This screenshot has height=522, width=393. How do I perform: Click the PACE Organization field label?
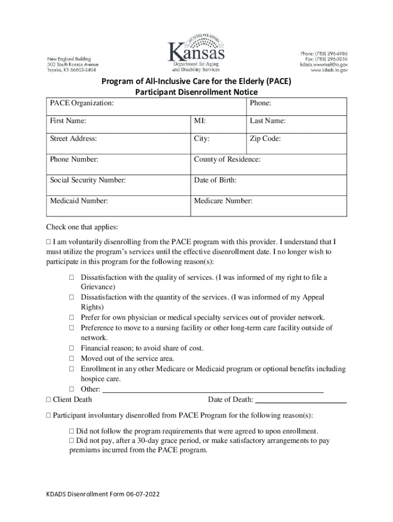(x=82, y=103)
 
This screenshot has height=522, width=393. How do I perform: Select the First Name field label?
(x=68, y=121)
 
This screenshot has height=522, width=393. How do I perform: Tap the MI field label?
(x=200, y=121)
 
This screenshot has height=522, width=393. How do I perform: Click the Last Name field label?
(x=267, y=121)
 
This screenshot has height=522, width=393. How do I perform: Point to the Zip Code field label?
(x=265, y=139)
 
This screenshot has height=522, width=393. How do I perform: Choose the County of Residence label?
(x=227, y=160)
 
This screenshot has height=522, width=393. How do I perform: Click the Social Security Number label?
(x=88, y=180)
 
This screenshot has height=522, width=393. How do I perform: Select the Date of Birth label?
(x=215, y=180)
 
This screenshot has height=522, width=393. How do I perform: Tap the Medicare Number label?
(x=223, y=201)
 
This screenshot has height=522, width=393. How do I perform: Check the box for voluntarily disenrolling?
(x=48, y=242)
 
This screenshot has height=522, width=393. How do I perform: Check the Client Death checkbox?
(x=48, y=400)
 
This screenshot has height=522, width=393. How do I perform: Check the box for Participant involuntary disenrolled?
(x=48, y=415)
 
